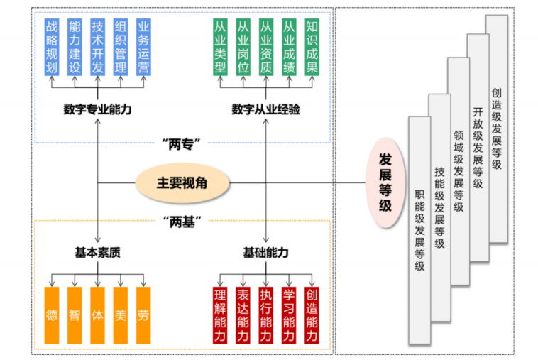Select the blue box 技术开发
tap(98, 47)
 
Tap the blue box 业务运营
tap(143, 47)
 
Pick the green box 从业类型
tap(220, 47)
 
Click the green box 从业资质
tap(265, 47)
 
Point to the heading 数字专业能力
tap(97, 110)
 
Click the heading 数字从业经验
tap(265, 110)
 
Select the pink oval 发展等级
tap(385, 183)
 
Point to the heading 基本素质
tap(97, 253)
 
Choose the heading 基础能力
tap(265, 253)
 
